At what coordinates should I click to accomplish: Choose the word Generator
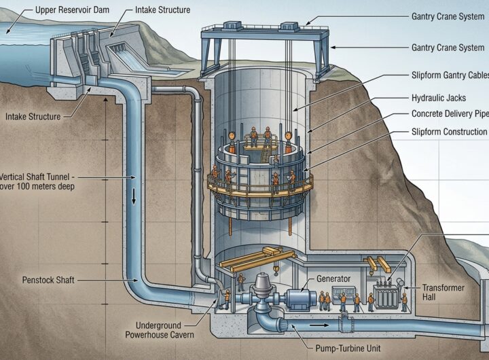[333, 278]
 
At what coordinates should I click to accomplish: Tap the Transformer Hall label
[443, 292]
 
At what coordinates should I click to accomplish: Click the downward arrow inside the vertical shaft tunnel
[133, 196]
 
